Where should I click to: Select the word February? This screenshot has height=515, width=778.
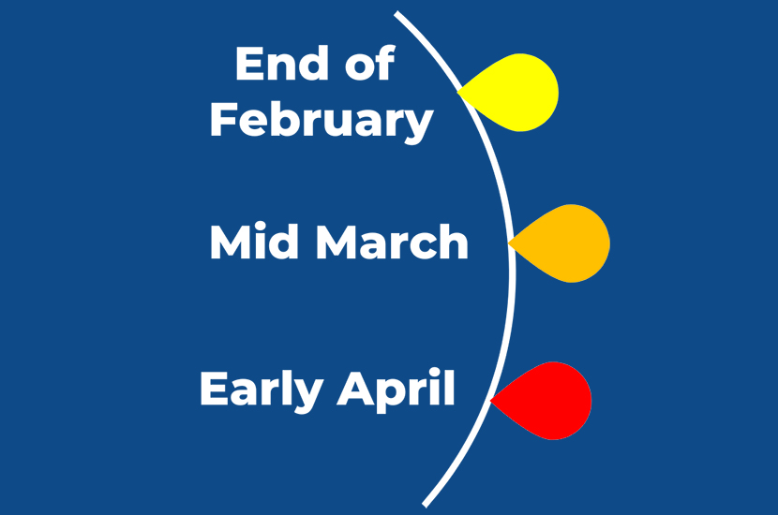tap(322, 120)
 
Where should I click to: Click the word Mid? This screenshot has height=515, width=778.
tap(255, 242)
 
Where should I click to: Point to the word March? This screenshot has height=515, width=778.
tap(392, 242)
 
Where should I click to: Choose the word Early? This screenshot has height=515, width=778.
tap(262, 390)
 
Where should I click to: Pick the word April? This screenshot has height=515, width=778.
tap(396, 390)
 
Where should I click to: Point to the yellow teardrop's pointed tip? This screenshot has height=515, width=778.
tap(458, 92)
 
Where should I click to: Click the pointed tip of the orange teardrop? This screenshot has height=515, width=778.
tap(509, 243)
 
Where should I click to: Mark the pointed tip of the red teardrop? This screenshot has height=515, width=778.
tap(491, 400)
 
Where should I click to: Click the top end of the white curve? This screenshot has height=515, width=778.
tap(396, 13)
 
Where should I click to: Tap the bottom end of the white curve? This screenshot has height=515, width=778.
tap(425, 505)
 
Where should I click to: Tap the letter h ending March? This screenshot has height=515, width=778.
tap(454, 241)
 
